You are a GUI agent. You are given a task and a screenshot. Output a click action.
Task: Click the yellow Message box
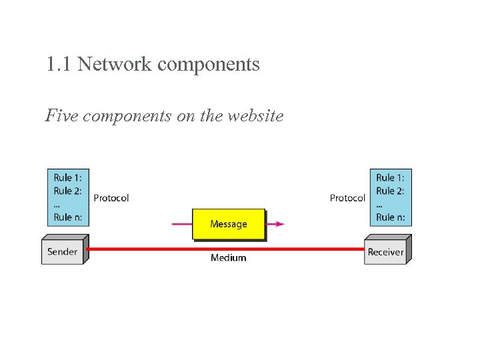[228, 224]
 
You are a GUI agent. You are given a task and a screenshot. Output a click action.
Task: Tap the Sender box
[62, 252]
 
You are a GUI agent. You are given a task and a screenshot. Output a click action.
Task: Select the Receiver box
[385, 252]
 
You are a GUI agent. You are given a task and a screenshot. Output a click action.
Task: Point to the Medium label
[228, 258]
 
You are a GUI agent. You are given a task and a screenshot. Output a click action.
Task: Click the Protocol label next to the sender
[111, 198]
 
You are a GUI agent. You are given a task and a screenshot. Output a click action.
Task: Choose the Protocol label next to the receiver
[347, 198]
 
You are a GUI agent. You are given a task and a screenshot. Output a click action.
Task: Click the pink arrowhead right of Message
[279, 224]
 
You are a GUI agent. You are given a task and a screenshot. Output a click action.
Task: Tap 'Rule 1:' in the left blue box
[67, 177]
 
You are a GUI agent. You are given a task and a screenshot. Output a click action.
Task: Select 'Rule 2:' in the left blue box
[67, 191]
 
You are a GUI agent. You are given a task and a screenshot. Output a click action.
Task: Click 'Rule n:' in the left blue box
[67, 217]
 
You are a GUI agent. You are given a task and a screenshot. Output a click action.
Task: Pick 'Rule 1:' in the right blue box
[390, 177]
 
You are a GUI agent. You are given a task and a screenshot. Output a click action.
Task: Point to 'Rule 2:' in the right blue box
[390, 191]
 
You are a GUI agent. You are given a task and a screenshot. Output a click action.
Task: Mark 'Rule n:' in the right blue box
[390, 217]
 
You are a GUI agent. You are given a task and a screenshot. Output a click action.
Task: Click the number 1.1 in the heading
[59, 65]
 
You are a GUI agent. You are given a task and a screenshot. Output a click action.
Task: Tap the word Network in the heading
[115, 65]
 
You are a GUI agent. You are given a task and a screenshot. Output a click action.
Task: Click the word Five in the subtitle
[61, 116]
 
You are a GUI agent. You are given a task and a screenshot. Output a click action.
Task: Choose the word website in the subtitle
[255, 116]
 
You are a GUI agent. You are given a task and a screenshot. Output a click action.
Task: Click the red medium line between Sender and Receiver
[167, 249]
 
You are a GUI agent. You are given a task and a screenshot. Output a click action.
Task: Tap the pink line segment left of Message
[182, 224]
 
